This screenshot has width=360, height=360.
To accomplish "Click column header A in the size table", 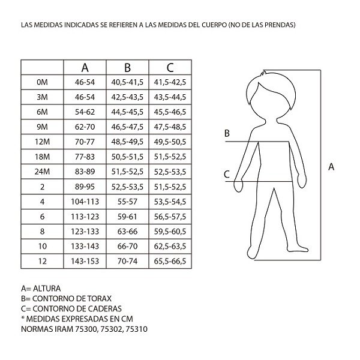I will pos(85,67).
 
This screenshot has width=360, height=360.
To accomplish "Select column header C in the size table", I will pos(170,67).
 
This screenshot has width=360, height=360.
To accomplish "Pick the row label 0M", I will pos(41,82).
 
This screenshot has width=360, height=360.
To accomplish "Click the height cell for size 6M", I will pos(85,112).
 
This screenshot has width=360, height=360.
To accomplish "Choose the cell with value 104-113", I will pos(85,201).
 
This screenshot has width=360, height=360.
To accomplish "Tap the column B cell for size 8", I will pos(127,230).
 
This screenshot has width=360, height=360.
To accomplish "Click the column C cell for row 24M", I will pos(170,171).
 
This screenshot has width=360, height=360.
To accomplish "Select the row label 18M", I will pos(41,156).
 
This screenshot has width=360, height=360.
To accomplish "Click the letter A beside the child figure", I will pos(331,167).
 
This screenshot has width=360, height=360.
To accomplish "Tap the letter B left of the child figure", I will pos(227,133).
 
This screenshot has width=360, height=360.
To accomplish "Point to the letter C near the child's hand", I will pos(227,175).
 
